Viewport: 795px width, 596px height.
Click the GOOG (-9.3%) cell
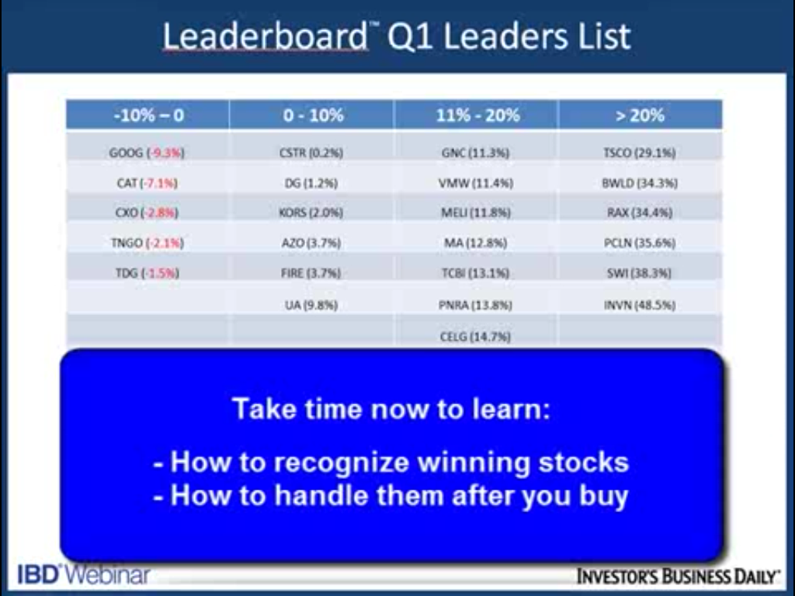pyautogui.click(x=147, y=153)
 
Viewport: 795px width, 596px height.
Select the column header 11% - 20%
pyautogui.click(x=477, y=116)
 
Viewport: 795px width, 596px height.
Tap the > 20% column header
pyautogui.click(x=640, y=116)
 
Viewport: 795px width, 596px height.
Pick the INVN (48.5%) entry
pyautogui.click(x=640, y=305)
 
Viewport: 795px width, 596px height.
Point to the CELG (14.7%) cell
pyautogui.click(x=475, y=337)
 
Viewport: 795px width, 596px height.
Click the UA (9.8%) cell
pyautogui.click(x=311, y=305)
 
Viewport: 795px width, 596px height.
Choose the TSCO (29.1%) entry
pyautogui.click(x=640, y=153)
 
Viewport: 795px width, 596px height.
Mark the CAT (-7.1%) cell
pyautogui.click(x=147, y=183)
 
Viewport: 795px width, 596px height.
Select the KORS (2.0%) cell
pyautogui.click(x=311, y=213)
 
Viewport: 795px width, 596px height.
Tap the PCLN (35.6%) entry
pyautogui.click(x=640, y=243)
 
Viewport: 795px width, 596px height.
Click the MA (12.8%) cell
pyautogui.click(x=476, y=243)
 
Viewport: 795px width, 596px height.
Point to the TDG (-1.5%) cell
pyautogui.click(x=147, y=273)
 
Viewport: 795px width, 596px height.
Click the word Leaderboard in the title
pyautogui.click(x=266, y=36)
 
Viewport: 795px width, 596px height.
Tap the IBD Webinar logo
pyautogui.click(x=84, y=575)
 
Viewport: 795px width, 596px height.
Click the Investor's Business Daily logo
pyautogui.click(x=679, y=577)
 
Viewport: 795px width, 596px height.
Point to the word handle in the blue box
pyautogui.click(x=321, y=495)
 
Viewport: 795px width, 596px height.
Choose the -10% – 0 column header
pyautogui.click(x=148, y=116)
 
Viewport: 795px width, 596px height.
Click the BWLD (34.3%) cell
pyautogui.click(x=640, y=183)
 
